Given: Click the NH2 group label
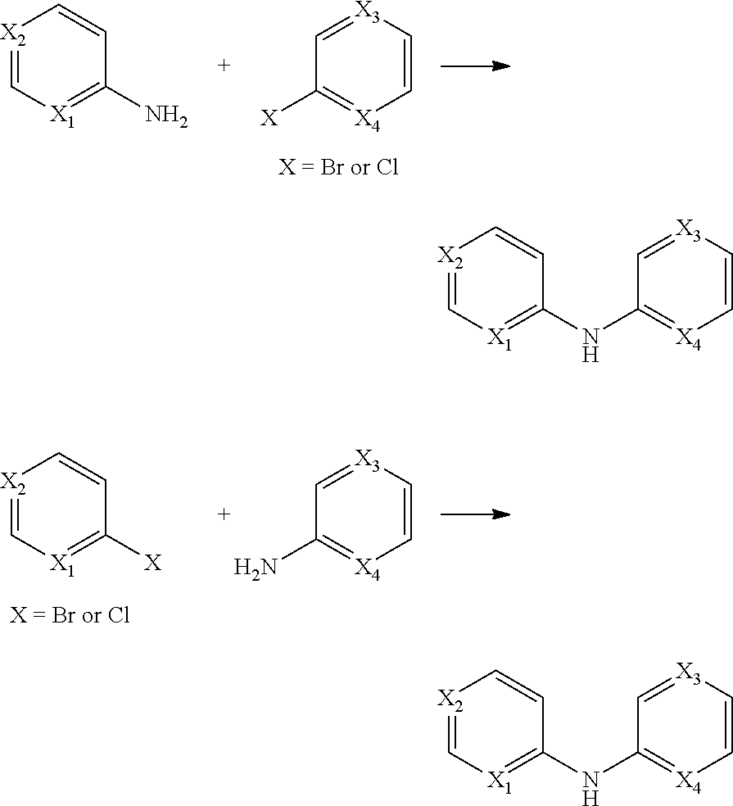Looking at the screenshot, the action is [x=167, y=116].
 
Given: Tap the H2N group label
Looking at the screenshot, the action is [x=254, y=566].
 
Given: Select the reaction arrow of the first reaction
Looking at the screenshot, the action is [x=475, y=66].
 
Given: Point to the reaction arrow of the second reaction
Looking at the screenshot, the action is [x=475, y=514].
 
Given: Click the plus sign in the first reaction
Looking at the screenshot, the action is [x=224, y=66].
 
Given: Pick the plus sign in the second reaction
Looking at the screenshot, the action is [x=224, y=514].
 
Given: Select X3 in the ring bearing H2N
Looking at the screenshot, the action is [x=368, y=460].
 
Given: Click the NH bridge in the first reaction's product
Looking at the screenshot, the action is [x=589, y=344].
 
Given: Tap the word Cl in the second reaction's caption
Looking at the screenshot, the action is [x=119, y=614].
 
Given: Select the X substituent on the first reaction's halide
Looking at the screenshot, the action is [x=269, y=120].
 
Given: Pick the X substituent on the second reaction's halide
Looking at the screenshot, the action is [x=153, y=563].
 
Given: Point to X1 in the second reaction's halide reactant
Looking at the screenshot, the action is [x=62, y=564].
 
